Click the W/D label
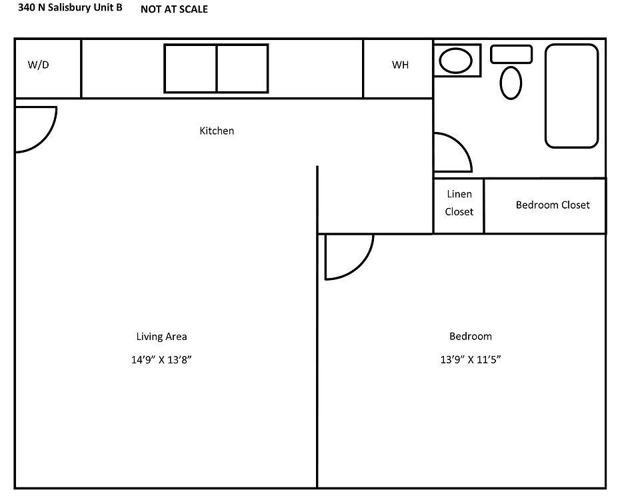tap(38, 65)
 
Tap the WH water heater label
tap(400, 65)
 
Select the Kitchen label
tap(217, 131)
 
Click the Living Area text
tap(161, 336)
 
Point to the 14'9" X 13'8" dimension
tap(161, 359)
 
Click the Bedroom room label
tap(471, 336)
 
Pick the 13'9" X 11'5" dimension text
tap(471, 359)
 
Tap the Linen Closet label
tap(459, 203)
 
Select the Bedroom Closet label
tap(553, 205)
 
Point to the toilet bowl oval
tap(511, 83)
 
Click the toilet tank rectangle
tap(511, 54)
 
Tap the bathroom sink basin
tap(455, 61)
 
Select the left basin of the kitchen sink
tap(191, 69)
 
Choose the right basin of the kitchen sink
tap(243, 69)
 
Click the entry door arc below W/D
tap(47, 138)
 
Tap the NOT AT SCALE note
tap(174, 9)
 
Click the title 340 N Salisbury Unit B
tap(70, 7)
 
